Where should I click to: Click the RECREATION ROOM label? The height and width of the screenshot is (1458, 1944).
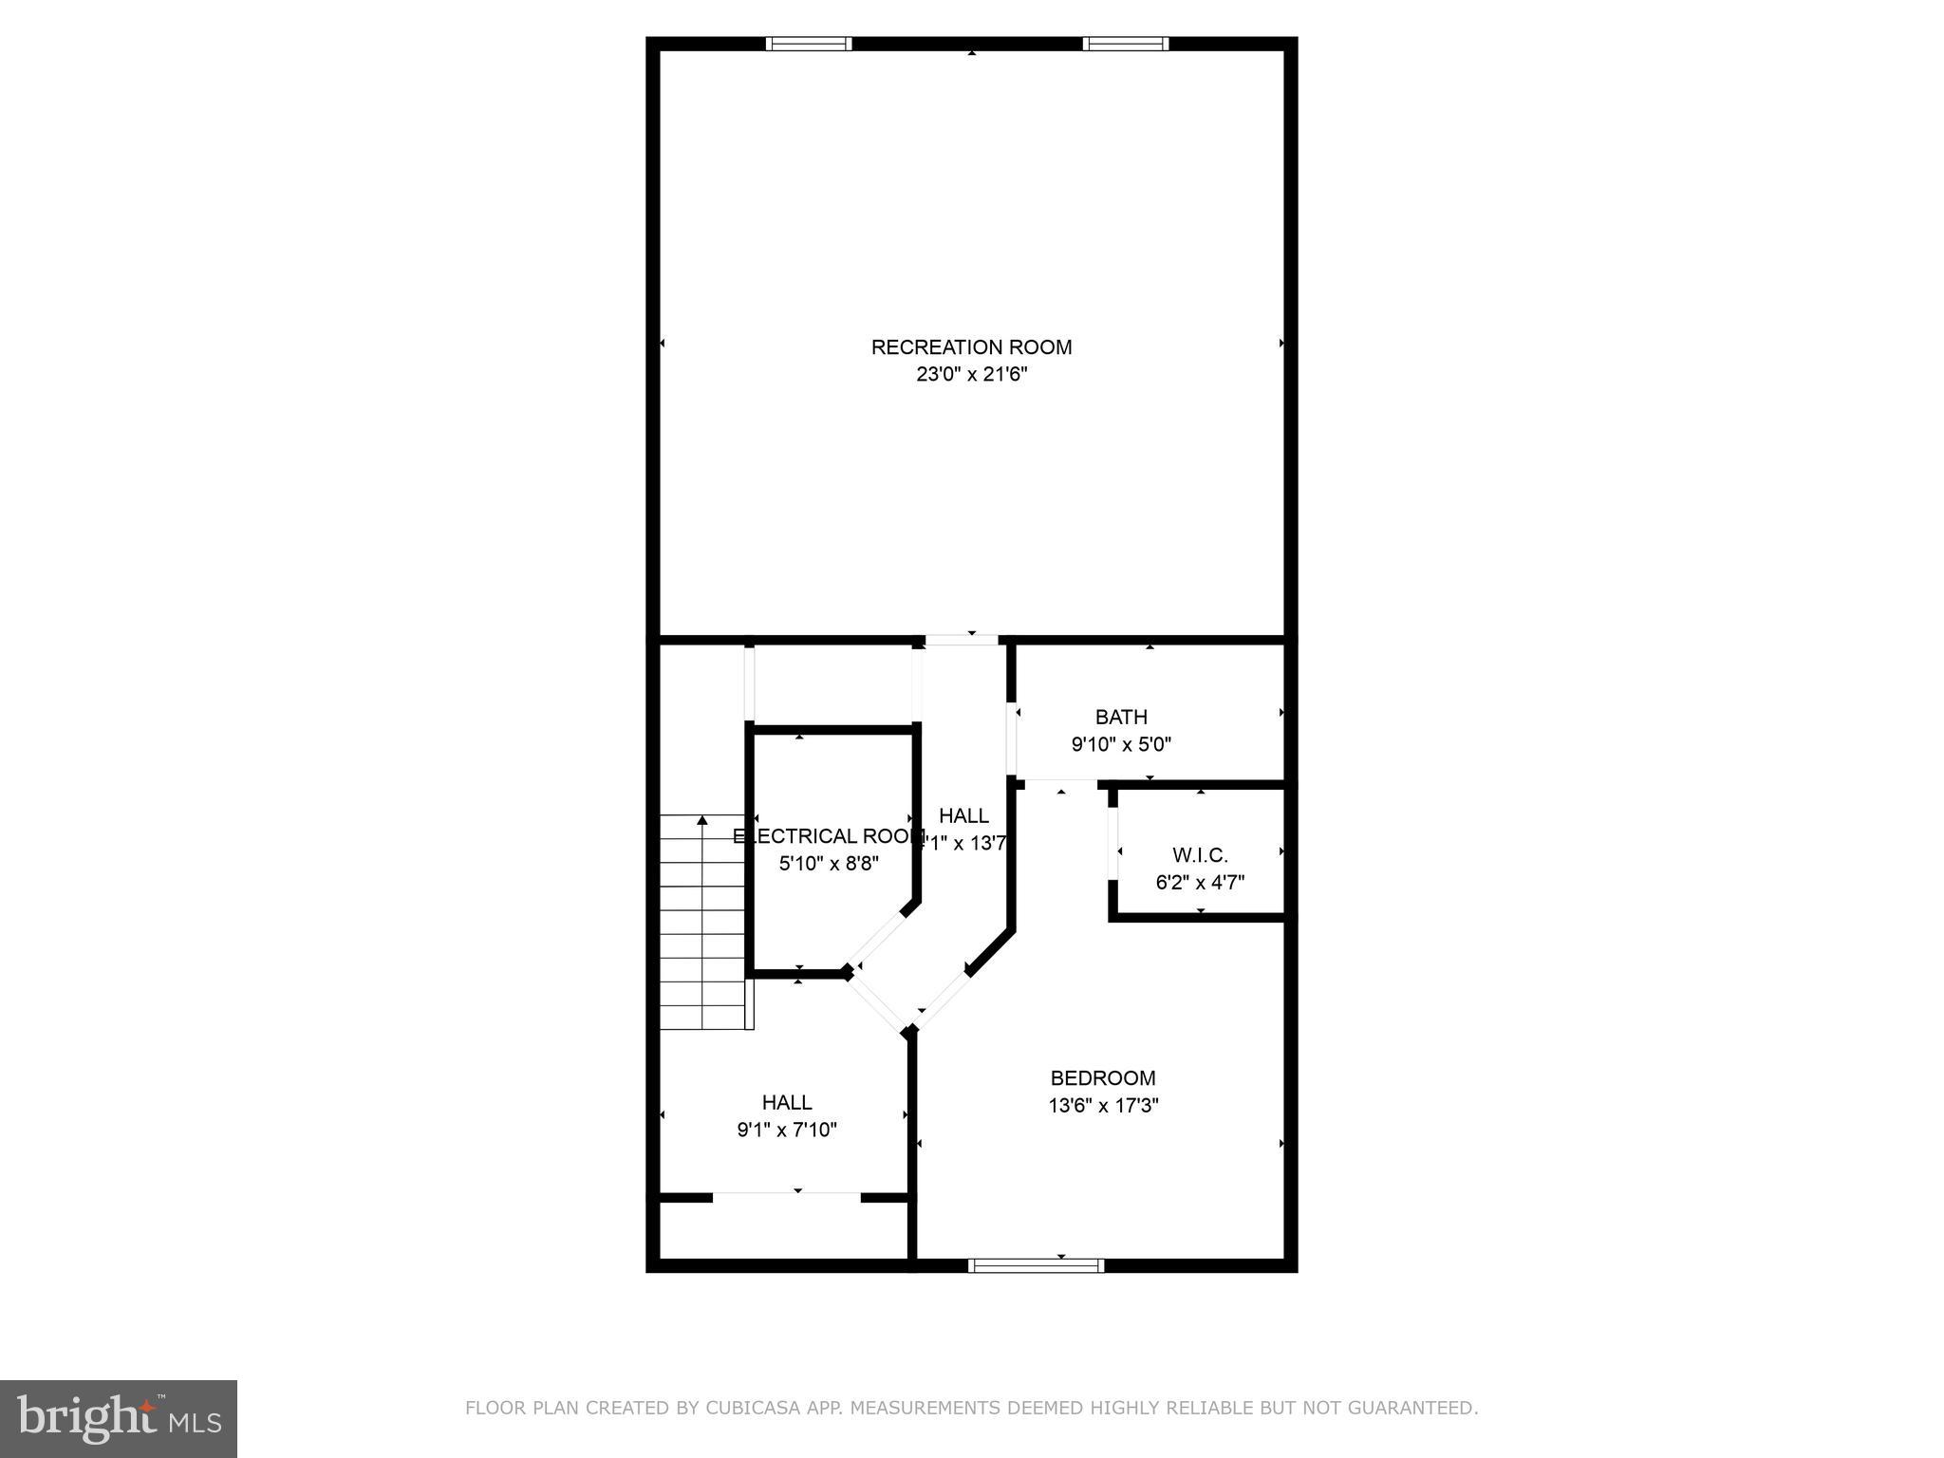pyautogui.click(x=971, y=347)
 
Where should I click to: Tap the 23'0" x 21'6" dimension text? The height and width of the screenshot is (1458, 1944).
pyautogui.click(x=971, y=375)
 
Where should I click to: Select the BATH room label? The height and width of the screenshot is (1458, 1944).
pyautogui.click(x=1121, y=717)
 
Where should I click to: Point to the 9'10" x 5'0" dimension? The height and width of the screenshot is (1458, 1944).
pyautogui.click(x=1121, y=744)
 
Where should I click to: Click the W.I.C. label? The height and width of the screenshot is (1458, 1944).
pyautogui.click(x=1200, y=855)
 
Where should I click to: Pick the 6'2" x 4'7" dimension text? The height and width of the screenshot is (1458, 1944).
pyautogui.click(x=1200, y=883)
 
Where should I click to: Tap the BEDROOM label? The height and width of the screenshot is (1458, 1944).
pyautogui.click(x=1103, y=1078)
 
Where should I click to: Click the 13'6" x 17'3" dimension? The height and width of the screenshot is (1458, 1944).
pyautogui.click(x=1103, y=1106)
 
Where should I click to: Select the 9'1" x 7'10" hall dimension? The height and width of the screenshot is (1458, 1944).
pyautogui.click(x=787, y=1130)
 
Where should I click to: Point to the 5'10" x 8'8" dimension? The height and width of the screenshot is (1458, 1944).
pyautogui.click(x=829, y=864)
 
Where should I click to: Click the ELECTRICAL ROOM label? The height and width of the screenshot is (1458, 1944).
pyautogui.click(x=828, y=836)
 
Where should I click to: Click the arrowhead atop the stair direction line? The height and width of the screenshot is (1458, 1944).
pyautogui.click(x=702, y=819)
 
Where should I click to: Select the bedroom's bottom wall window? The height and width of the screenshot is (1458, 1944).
pyautogui.click(x=1036, y=1264)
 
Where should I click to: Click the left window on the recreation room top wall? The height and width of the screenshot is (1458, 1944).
pyautogui.click(x=809, y=44)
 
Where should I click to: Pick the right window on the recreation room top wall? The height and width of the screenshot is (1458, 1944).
pyautogui.click(x=1126, y=44)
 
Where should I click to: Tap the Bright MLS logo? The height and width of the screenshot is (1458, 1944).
pyautogui.click(x=119, y=1418)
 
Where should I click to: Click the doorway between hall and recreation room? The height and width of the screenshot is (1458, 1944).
pyautogui.click(x=962, y=641)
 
